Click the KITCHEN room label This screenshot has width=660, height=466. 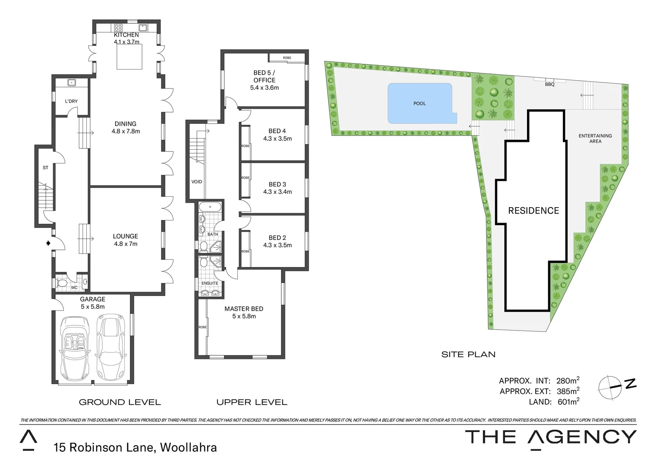click(126, 35)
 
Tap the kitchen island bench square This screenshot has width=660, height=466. click(129, 57)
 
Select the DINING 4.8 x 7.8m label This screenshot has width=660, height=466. click(126, 127)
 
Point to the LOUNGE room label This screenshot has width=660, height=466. click(125, 236)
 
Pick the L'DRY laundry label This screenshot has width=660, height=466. click(71, 101)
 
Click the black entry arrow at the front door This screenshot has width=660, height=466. click(48, 243)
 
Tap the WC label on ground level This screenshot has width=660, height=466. click(74, 287)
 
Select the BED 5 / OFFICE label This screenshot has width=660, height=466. click(264, 76)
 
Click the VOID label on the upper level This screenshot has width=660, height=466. click(196, 182)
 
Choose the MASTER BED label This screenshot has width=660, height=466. click(243, 309)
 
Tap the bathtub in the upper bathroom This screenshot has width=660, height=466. click(211, 207)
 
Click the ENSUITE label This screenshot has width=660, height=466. click(210, 283)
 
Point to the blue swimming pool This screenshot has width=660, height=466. click(420, 103)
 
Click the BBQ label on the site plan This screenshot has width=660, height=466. click(549, 85)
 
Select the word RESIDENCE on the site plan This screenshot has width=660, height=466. click(534, 211)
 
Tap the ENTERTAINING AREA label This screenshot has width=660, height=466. click(595, 139)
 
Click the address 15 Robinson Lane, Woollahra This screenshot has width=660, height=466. click(135, 447)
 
